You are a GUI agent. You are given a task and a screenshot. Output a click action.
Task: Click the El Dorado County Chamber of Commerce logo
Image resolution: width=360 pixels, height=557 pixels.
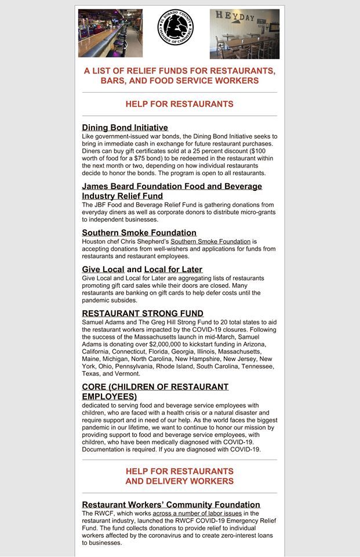tap(176, 27)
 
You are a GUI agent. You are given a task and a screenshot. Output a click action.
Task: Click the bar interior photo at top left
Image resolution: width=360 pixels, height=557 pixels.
tap(110, 33)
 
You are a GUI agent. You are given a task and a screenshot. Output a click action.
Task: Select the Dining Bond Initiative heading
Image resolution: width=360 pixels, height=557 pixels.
tap(125, 128)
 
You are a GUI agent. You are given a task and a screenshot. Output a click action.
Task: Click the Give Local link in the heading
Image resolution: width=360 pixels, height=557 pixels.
tap(103, 269)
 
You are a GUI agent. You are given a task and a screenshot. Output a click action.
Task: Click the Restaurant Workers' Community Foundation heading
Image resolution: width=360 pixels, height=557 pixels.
tap(171, 504)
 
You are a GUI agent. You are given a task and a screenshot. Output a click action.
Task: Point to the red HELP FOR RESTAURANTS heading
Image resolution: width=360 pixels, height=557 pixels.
tap(180, 104)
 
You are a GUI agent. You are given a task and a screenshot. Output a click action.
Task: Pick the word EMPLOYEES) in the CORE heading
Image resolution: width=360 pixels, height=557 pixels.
tap(110, 396)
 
